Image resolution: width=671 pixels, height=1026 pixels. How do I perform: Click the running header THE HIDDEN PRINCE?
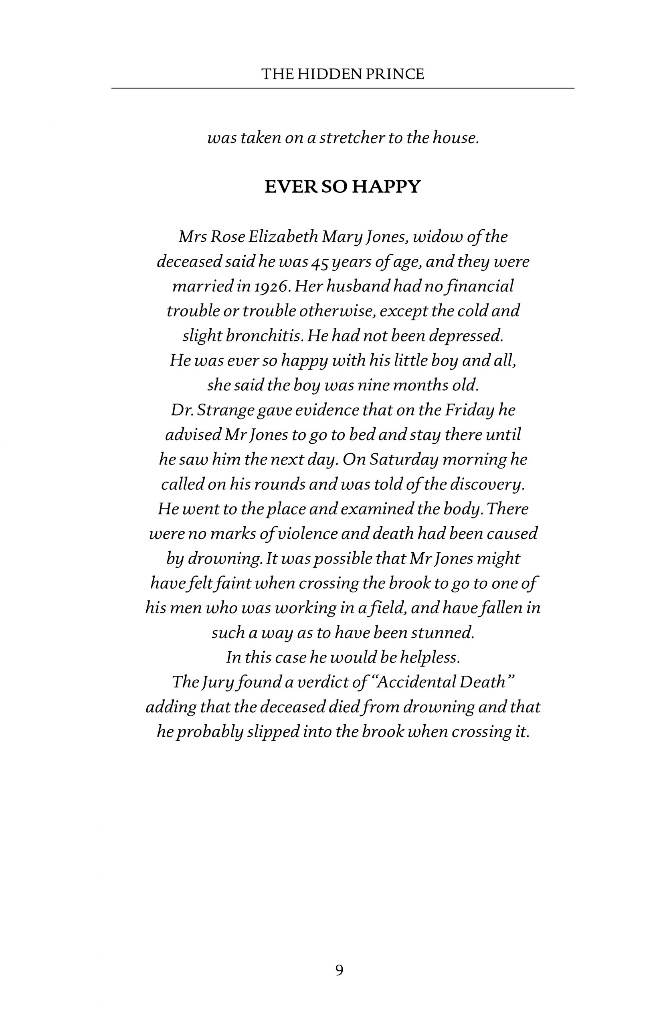pyautogui.click(x=342, y=74)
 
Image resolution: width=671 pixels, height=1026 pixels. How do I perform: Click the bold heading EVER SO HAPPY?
pyautogui.click(x=342, y=187)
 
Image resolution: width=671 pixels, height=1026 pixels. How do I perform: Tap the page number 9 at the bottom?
pyautogui.click(x=340, y=970)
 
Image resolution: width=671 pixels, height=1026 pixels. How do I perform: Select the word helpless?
pyautogui.click(x=430, y=657)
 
